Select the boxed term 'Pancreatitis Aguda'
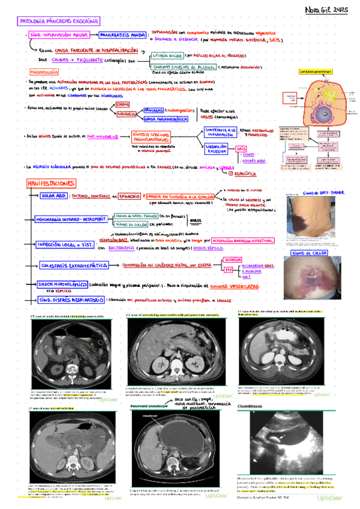pyautogui.click(x=122, y=34)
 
